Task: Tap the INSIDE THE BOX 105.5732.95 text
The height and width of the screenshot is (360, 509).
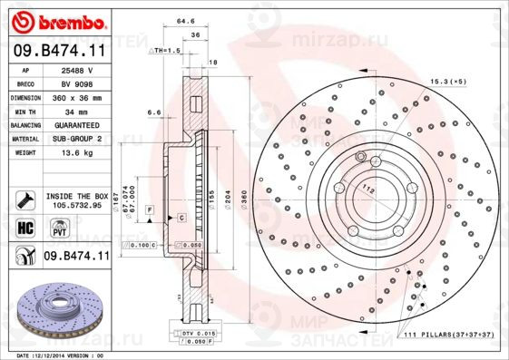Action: (x=76, y=200)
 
